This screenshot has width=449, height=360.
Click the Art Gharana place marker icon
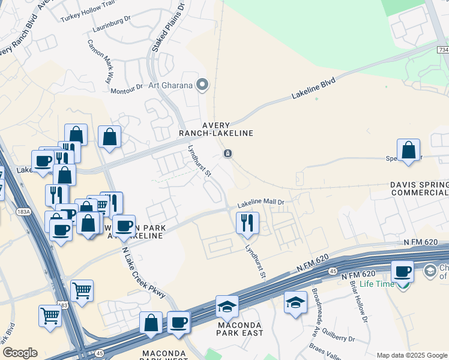[x=202, y=85]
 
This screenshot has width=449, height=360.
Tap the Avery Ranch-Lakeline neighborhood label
[x=215, y=129]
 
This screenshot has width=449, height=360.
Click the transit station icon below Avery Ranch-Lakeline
[x=228, y=154]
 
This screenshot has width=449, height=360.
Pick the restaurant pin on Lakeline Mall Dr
[x=247, y=223]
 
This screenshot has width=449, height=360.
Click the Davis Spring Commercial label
[x=420, y=188]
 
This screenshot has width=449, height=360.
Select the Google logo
[x=20, y=353]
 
